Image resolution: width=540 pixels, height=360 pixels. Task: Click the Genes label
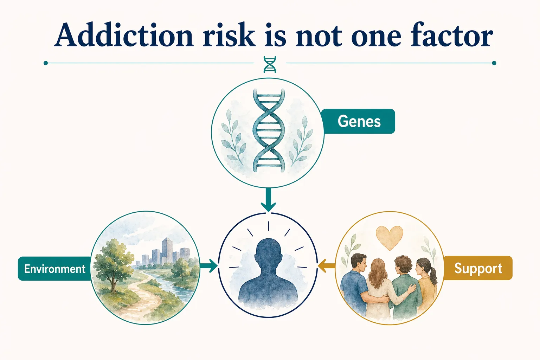click(x=359, y=121)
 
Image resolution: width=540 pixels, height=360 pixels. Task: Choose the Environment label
click(x=54, y=269)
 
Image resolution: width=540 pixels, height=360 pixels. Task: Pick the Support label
click(x=478, y=268)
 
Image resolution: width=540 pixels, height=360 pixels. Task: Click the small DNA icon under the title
click(x=270, y=64)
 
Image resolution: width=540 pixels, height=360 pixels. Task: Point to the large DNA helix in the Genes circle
click(x=269, y=130)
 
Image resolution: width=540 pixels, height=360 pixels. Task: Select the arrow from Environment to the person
click(x=209, y=266)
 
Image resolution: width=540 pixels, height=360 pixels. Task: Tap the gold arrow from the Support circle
click(x=327, y=266)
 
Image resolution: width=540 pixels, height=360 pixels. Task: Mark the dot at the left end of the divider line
click(x=46, y=63)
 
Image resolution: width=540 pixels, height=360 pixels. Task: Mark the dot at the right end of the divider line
click(x=494, y=63)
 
